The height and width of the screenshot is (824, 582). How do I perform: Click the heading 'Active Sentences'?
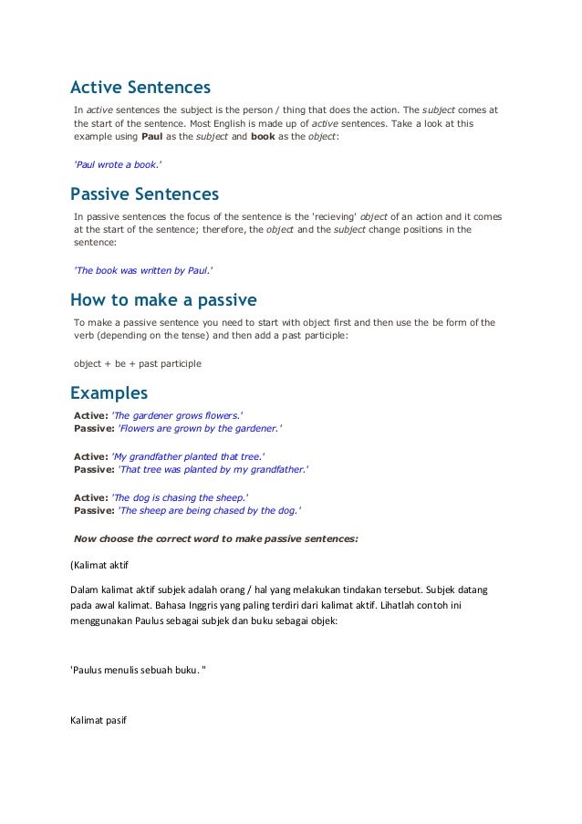coord(140,88)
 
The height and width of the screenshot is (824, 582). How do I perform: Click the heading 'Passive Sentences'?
coord(144,194)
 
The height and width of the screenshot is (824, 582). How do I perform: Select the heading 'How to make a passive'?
coord(163,300)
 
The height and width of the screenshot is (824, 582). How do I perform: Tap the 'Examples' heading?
coord(109,393)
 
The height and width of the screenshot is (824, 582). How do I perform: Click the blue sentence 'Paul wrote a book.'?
coord(119,164)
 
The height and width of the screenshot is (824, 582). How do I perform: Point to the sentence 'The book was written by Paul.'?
coord(144,270)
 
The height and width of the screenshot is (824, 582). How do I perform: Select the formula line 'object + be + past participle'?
coord(137,363)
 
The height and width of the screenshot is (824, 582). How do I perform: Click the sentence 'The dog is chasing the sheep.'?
coord(179,496)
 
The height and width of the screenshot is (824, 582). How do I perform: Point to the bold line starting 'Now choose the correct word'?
coord(215,538)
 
